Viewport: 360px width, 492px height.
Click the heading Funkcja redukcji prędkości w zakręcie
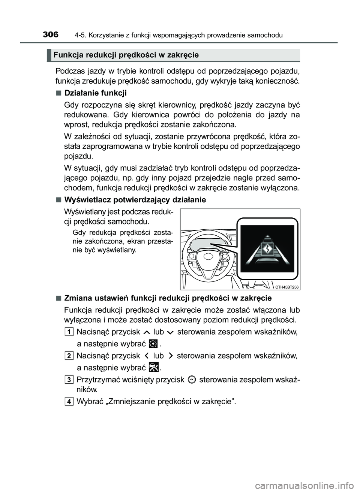point(126,55)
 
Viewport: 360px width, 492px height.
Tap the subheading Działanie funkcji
point(96,93)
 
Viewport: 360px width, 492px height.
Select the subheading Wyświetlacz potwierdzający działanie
point(135,200)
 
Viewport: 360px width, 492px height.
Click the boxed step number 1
point(69,332)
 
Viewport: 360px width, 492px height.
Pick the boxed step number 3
point(69,380)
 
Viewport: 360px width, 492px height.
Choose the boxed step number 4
point(69,402)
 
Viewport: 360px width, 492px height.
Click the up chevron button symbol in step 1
point(146,332)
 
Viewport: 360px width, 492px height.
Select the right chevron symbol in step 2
point(171,356)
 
